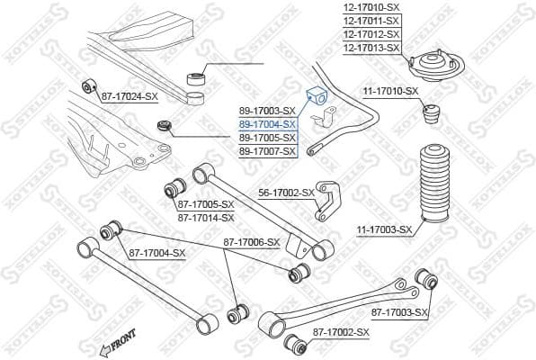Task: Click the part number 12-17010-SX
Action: [x=371, y=6]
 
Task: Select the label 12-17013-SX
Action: [x=371, y=47]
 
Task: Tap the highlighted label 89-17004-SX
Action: [x=267, y=124]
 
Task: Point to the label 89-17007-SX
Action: [x=267, y=151]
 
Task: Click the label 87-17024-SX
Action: [x=129, y=95]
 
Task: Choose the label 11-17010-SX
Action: [x=390, y=91]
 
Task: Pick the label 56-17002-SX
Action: [x=286, y=193]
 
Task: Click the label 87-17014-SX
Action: [x=206, y=217]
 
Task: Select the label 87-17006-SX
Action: [x=252, y=243]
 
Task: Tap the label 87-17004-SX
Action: [x=156, y=253]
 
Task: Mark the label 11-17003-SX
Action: [x=383, y=230]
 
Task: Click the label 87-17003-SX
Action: [x=400, y=312]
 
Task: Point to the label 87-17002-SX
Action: [x=341, y=333]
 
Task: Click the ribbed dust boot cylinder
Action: [x=430, y=180]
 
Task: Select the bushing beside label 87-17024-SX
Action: [x=88, y=86]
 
